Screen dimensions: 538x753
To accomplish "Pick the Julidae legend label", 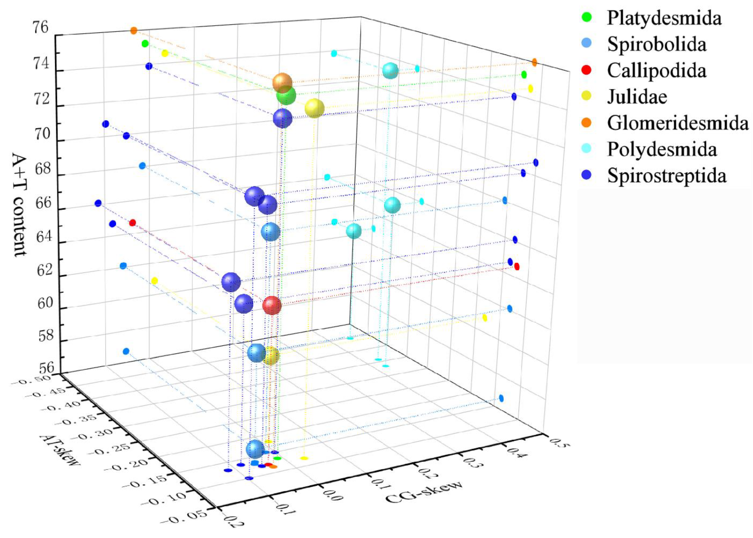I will pos(637,97).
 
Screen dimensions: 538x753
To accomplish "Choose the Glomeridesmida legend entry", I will pos(677,123).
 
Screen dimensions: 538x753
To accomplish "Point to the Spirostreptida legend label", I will pos(666,176).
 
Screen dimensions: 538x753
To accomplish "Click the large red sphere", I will pos(272,305).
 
